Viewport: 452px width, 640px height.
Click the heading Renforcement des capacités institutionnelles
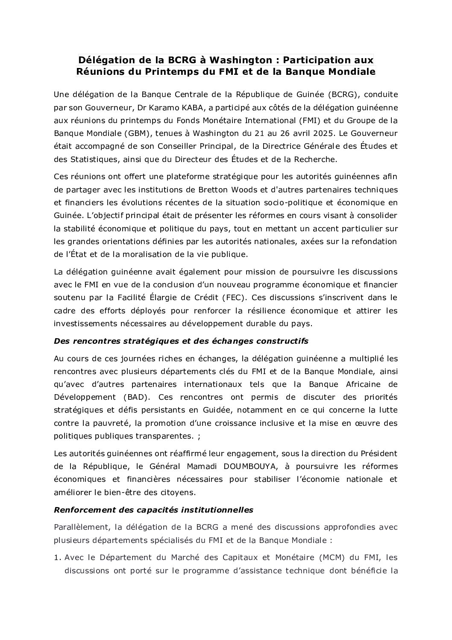coord(154,510)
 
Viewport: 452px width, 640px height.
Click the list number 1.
coord(57,557)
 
